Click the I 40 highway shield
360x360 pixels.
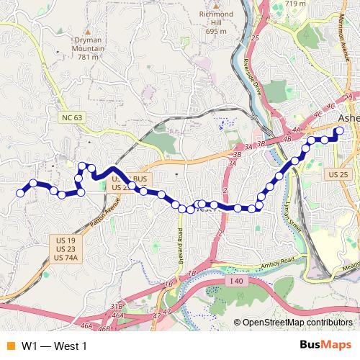tap(238, 279)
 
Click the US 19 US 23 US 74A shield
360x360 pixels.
tap(65, 248)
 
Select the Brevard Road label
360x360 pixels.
tap(181, 245)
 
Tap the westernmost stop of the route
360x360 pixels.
tap(21, 192)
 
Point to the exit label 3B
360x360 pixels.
tap(237, 153)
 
